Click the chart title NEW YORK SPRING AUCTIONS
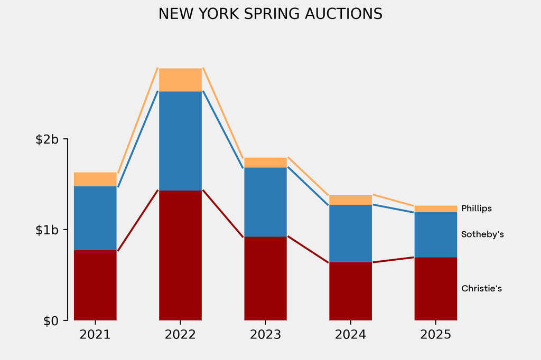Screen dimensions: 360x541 coord(270,14)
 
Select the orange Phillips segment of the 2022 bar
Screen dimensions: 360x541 coord(180,80)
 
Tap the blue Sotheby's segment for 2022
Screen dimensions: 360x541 coord(180,140)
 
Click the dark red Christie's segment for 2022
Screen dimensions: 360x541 coord(180,255)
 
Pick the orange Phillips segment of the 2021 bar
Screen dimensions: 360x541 coord(95,179)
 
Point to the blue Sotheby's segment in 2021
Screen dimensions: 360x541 coord(95,218)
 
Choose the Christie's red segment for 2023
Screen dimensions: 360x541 coord(265,278)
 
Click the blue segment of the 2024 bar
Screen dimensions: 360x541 coord(350,233)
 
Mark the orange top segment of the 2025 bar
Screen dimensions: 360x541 coord(435,209)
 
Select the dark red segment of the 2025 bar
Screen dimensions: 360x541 coord(435,289)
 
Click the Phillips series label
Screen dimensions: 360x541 coord(476,209)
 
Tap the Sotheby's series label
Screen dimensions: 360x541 coord(482,234)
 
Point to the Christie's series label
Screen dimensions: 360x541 coord(481,289)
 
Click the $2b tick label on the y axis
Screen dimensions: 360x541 coord(47,139)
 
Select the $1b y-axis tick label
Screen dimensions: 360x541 coord(47,230)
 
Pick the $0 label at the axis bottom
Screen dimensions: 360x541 coord(51,320)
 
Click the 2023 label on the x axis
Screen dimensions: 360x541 coord(265,335)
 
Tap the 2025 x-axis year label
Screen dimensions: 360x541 coord(435,335)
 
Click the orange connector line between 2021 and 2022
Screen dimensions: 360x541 coord(138,120)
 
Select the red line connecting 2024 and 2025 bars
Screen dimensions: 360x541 coord(393,260)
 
